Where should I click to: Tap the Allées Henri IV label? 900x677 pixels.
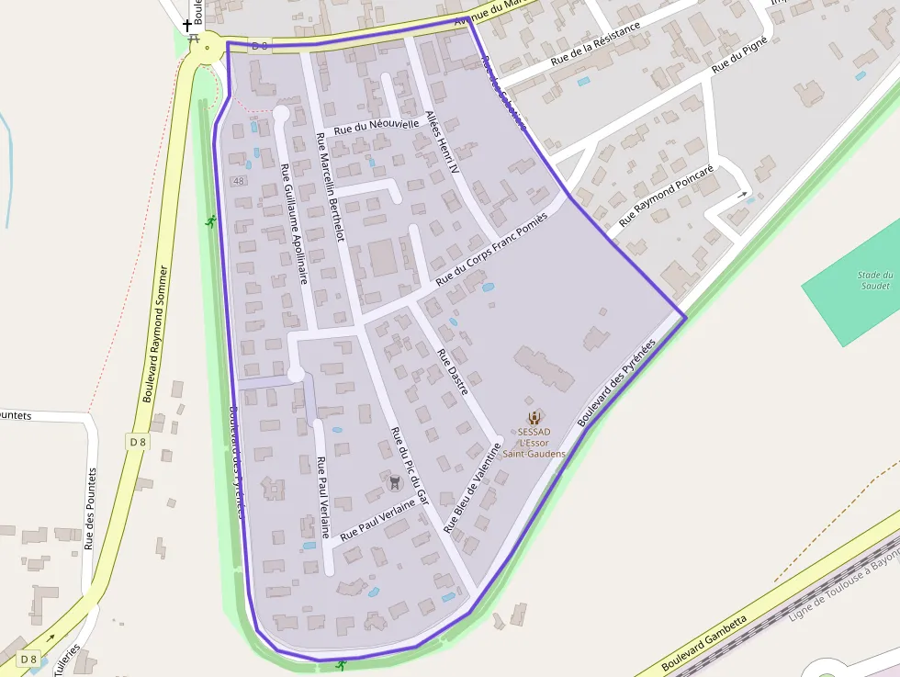[x=442, y=144]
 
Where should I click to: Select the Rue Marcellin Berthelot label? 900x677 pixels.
[x=329, y=187]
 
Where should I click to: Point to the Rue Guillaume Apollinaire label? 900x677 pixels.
[x=294, y=224]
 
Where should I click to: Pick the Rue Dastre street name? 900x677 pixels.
[x=453, y=372]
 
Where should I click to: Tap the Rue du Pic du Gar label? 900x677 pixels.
[x=411, y=467]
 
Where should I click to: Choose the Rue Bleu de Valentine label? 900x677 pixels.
[x=473, y=488]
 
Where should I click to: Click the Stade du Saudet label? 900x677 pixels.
[x=874, y=280]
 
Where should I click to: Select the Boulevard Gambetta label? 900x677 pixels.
[x=705, y=643]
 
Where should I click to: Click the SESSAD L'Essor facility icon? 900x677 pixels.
[x=534, y=417]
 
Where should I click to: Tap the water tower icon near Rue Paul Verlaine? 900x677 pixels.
[x=396, y=481]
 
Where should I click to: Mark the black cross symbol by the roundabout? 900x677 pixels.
[x=188, y=26]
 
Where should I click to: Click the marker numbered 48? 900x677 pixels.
[x=240, y=181]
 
